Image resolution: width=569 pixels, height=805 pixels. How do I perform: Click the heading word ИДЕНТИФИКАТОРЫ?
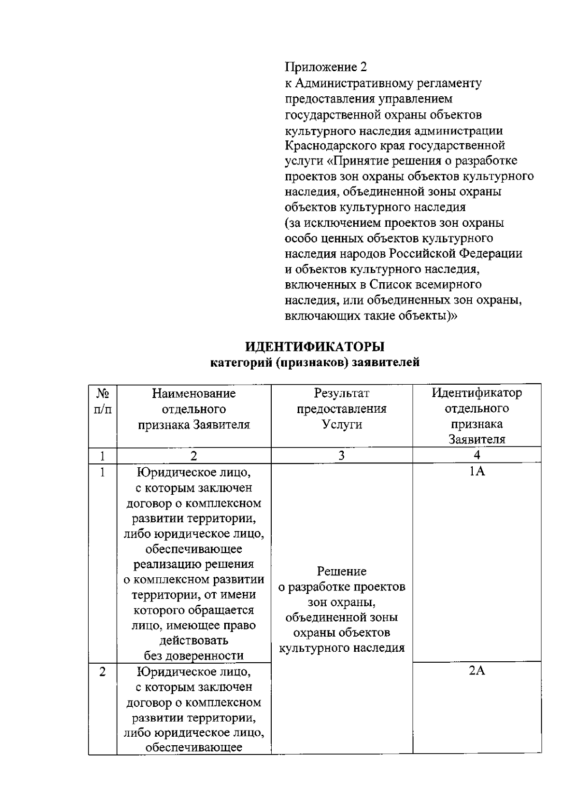(315, 347)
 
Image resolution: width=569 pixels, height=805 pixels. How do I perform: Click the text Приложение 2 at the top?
(326, 67)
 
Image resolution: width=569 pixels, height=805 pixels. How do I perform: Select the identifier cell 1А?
(477, 472)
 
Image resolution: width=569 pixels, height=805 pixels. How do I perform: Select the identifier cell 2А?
(477, 671)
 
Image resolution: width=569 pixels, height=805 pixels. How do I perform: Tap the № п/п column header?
(102, 401)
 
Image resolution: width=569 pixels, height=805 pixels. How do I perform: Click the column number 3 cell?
(341, 455)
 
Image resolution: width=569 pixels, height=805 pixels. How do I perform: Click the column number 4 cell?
(477, 455)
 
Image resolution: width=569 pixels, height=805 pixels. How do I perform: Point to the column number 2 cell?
(193, 455)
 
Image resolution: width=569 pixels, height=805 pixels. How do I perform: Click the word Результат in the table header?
(341, 393)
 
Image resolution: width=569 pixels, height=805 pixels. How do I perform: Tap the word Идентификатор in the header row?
(477, 393)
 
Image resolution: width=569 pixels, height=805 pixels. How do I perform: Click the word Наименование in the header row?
(193, 393)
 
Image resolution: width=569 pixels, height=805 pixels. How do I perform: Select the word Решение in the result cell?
(341, 571)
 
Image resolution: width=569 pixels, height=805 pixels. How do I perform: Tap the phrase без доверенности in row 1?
(193, 656)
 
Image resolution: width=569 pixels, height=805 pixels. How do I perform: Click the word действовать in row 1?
(193, 640)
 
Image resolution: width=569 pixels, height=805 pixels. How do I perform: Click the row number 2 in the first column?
(102, 672)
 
